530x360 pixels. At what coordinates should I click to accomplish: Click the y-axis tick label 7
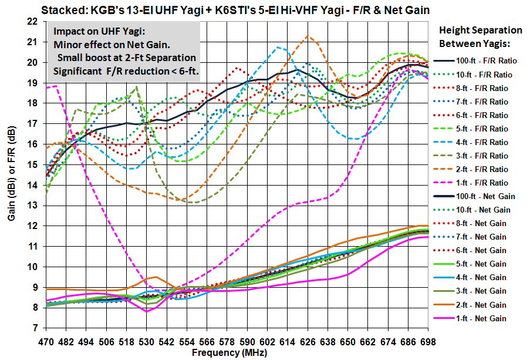coord(35,328)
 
